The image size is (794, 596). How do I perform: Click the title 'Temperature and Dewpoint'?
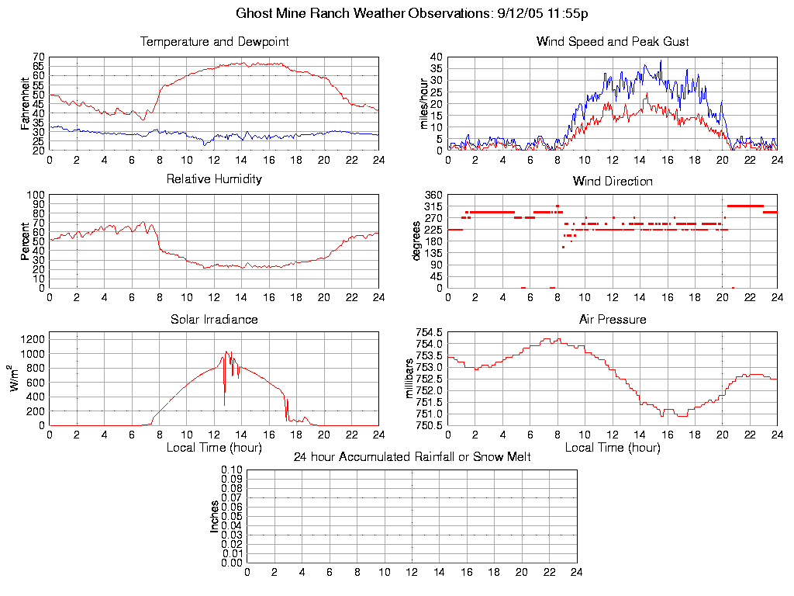point(214,42)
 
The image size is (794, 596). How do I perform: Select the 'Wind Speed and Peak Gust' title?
point(613,42)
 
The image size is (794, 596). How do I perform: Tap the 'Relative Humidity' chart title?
point(214,179)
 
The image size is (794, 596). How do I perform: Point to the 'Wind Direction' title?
point(613,182)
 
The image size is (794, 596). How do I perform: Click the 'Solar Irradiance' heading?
point(214,320)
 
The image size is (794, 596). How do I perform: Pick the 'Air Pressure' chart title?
point(613,320)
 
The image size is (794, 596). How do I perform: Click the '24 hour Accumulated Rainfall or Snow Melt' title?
point(412,457)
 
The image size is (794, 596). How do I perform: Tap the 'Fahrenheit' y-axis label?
point(25,102)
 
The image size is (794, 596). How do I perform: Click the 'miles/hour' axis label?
point(423,103)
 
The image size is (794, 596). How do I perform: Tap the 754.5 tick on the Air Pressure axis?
point(429,332)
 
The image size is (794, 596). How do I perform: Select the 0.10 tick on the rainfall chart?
point(232,470)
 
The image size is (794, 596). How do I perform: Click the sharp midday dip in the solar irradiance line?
point(225,404)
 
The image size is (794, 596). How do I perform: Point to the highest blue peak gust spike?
point(661,61)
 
